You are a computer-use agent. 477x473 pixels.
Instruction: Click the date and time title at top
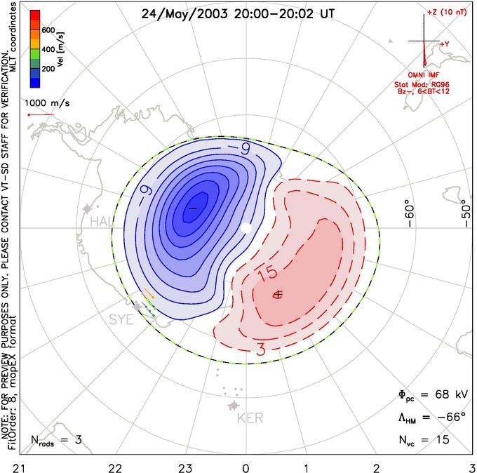pyautogui.click(x=238, y=13)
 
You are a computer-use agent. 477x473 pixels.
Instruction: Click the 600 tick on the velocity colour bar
pyautogui.click(x=48, y=31)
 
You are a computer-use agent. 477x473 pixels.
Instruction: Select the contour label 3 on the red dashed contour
pyautogui.click(x=260, y=350)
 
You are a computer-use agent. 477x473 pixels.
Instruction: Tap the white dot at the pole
pyautogui.click(x=246, y=228)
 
